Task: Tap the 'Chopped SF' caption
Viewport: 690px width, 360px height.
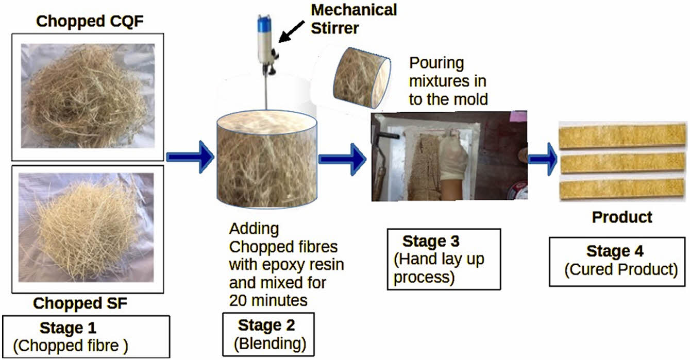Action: pos(80,303)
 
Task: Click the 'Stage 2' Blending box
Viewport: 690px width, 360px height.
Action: pos(267,333)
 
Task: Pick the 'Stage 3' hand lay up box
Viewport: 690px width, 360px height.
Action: pos(443,259)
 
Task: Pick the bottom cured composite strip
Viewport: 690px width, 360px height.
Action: pos(622,188)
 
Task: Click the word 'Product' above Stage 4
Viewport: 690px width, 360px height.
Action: pos(621,217)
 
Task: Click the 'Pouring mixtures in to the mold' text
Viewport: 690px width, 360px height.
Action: pos(447,81)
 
